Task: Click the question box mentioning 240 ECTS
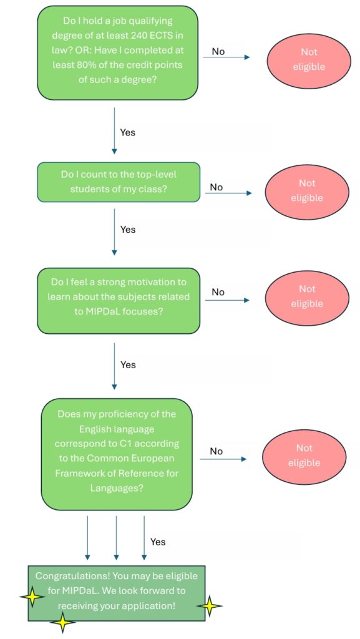pyautogui.click(x=117, y=52)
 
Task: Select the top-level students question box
pyautogui.click(x=119, y=182)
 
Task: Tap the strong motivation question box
pyautogui.click(x=119, y=301)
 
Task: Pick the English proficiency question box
pyautogui.click(x=117, y=454)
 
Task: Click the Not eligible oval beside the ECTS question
pyautogui.click(x=309, y=59)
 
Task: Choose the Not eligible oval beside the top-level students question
pyautogui.click(x=307, y=191)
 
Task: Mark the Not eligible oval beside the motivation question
pyautogui.click(x=307, y=296)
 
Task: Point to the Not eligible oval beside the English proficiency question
pyautogui.click(x=304, y=456)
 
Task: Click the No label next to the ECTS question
pyautogui.click(x=218, y=52)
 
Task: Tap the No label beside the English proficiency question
pyautogui.click(x=216, y=451)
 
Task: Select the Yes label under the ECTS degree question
pyautogui.click(x=128, y=132)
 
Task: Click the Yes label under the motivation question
pyautogui.click(x=128, y=364)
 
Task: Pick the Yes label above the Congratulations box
pyautogui.click(x=158, y=542)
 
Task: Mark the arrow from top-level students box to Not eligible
pyautogui.click(x=228, y=193)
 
